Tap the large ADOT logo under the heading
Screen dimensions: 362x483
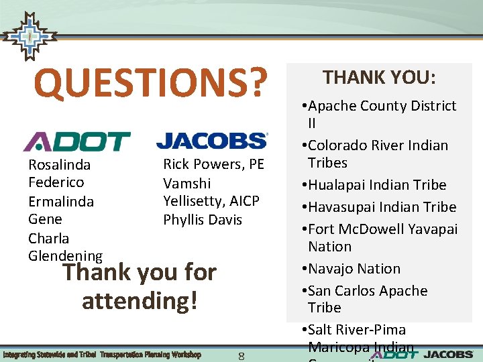pyautogui.click(x=76, y=141)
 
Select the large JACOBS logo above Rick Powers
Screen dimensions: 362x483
pyautogui.click(x=211, y=140)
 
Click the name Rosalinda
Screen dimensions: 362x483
pyautogui.click(x=59, y=164)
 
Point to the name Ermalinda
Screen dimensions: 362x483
pyautogui.click(x=60, y=201)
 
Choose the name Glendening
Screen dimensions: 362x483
pyautogui.click(x=65, y=256)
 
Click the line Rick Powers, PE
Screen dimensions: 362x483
pyautogui.click(x=213, y=164)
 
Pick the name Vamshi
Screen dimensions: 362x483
pyautogui.click(x=186, y=183)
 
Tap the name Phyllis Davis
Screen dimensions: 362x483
pyautogui.click(x=202, y=220)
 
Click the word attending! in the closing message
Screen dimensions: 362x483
pyautogui.click(x=140, y=300)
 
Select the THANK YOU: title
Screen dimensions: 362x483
pyautogui.click(x=379, y=78)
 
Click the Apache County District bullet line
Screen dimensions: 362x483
pyautogui.click(x=379, y=106)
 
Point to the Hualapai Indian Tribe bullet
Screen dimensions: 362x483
pyautogui.click(x=374, y=184)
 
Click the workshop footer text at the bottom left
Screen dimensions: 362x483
pyautogui.click(x=101, y=354)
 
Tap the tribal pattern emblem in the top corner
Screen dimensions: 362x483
pyautogui.click(x=28, y=37)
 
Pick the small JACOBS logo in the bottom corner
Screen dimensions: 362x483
pyautogui.click(x=450, y=354)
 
